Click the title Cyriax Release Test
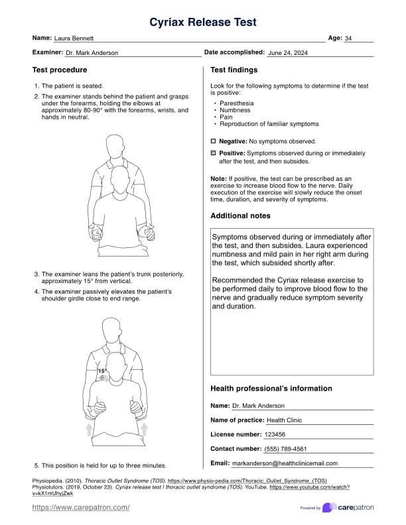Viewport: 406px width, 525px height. click(x=203, y=23)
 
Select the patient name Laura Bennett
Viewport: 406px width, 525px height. click(x=74, y=39)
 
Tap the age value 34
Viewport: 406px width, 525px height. click(x=348, y=39)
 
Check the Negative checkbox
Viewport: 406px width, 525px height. click(x=214, y=141)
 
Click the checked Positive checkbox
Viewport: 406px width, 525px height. click(x=214, y=153)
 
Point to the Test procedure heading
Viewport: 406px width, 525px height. click(x=60, y=70)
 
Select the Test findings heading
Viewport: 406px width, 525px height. click(x=234, y=70)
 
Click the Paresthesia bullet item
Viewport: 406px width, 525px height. click(x=236, y=103)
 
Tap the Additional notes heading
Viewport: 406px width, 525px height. click(x=241, y=215)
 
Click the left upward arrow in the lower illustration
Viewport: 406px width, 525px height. click(x=90, y=431)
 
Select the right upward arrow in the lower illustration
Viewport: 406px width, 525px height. click(x=144, y=431)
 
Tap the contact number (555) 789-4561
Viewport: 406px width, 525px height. click(x=286, y=449)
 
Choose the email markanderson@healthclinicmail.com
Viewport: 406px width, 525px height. click(x=285, y=463)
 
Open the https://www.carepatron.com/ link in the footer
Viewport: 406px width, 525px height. click(x=81, y=507)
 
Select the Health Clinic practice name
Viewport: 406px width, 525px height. click(x=285, y=420)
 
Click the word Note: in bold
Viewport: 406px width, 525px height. click(x=218, y=178)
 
